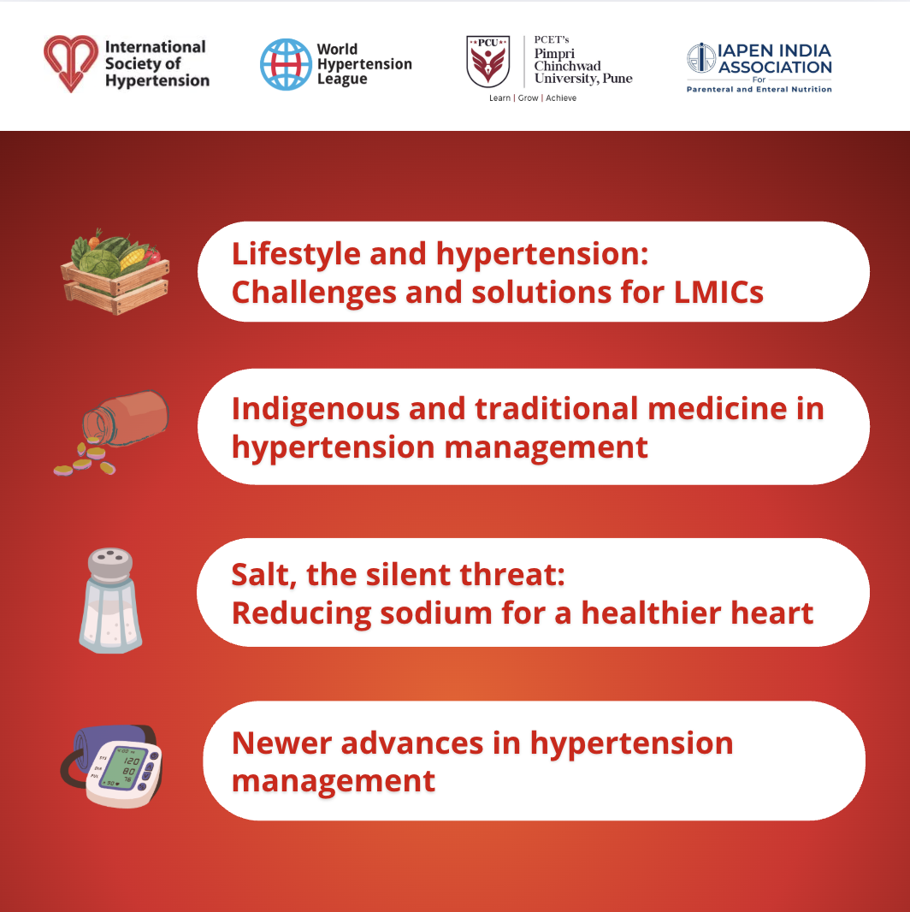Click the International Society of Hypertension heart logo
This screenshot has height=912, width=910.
(x=71, y=62)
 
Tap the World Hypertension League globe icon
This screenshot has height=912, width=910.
(x=286, y=64)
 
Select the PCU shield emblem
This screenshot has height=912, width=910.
(x=488, y=61)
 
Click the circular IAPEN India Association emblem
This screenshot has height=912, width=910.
(x=701, y=57)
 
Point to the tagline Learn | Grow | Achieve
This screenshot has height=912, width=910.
(x=533, y=98)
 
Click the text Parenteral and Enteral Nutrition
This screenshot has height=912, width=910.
(x=759, y=89)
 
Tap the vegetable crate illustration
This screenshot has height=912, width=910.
(x=115, y=271)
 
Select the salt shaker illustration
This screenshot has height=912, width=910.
(x=110, y=601)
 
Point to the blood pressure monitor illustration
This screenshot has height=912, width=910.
(x=112, y=766)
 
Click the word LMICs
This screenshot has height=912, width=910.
(x=718, y=292)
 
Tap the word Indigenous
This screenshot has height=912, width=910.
(x=316, y=410)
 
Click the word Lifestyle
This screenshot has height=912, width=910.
(x=296, y=255)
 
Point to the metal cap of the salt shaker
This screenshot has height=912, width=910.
(x=110, y=563)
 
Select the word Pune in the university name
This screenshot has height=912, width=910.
(x=617, y=79)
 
